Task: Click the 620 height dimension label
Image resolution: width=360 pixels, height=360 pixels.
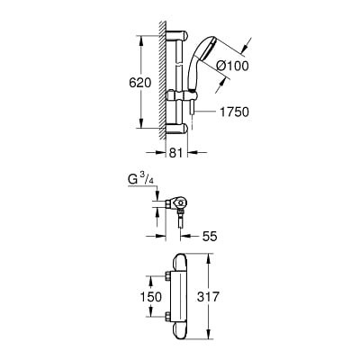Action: (140, 83)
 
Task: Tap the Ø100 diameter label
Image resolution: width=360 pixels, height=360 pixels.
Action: (232, 66)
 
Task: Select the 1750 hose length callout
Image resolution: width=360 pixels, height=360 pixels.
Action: (234, 112)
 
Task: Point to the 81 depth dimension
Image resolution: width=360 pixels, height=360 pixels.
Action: (175, 153)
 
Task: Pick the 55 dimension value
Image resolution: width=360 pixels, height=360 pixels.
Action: (210, 237)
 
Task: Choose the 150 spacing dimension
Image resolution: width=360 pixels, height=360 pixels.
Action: (151, 297)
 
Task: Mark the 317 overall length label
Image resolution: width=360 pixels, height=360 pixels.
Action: (208, 297)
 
